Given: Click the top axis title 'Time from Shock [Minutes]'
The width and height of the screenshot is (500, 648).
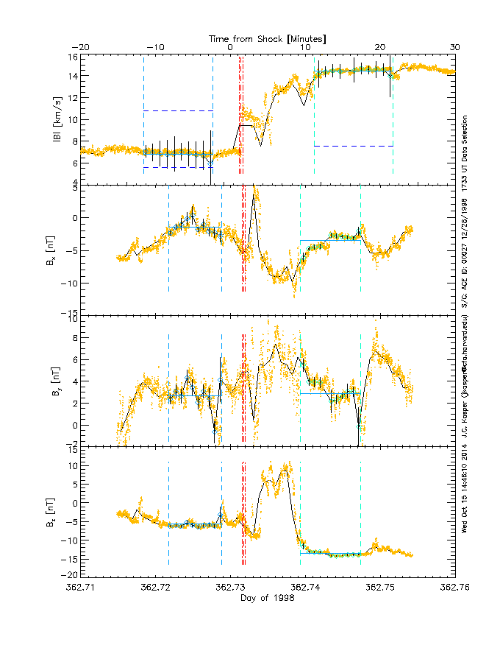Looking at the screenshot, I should [268, 38].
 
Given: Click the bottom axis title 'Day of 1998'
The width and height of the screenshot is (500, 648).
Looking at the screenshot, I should [268, 597].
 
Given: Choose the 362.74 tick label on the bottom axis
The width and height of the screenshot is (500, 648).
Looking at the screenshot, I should [305, 588].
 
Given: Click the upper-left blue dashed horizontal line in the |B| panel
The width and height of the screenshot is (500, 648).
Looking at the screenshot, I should [178, 110].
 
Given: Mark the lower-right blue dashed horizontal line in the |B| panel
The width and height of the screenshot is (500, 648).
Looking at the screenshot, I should [353, 146].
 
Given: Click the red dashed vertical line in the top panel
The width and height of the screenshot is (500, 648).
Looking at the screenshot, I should [243, 118].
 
